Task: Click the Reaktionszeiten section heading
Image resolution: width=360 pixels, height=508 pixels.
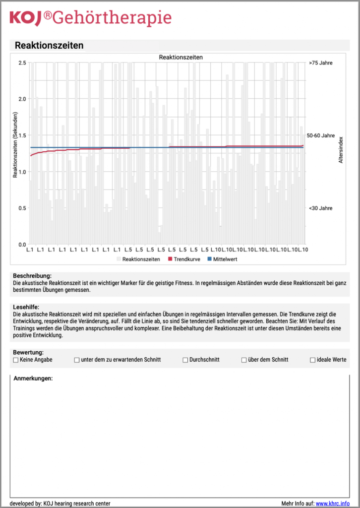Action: [49, 46]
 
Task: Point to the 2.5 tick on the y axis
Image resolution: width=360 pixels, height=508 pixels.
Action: [22, 63]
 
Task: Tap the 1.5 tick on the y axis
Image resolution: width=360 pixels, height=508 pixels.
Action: [22, 135]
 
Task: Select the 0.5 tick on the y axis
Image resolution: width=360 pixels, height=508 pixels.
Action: [22, 208]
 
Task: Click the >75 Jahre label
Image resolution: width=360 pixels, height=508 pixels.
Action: [320, 63]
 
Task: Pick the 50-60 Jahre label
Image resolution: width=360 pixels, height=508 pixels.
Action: [321, 135]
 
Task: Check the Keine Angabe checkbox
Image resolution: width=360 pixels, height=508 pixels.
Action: [16, 360]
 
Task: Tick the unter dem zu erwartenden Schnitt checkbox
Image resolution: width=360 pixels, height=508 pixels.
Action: [77, 360]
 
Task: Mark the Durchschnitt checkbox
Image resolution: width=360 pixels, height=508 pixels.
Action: [185, 360]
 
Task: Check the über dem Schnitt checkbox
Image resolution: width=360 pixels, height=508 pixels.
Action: [244, 360]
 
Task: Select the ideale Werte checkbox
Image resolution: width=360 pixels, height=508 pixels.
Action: [312, 360]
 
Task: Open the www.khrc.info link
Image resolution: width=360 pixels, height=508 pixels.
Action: [332, 503]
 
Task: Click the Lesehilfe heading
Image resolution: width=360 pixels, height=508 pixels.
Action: [26, 308]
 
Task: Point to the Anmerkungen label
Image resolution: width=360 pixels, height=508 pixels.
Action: [33, 379]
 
